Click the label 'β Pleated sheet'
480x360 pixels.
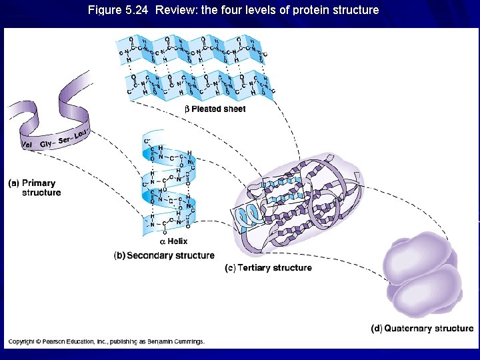coord(215,109)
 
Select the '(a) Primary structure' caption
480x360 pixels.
coord(34,188)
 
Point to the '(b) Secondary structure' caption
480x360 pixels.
coord(164,255)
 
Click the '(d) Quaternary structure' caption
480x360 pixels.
coord(422,328)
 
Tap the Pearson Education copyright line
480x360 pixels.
coord(106,341)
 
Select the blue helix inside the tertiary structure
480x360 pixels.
coord(251,214)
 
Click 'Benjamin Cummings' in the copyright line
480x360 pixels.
coord(179,341)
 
